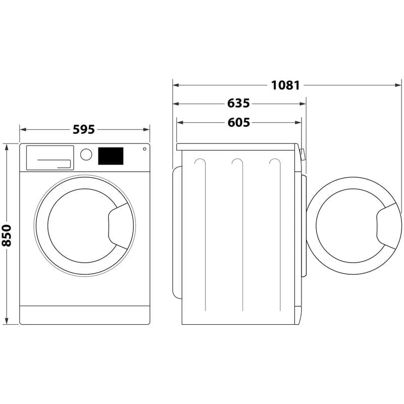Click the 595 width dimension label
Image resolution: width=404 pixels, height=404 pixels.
84,129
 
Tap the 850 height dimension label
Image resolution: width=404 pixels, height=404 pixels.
7,235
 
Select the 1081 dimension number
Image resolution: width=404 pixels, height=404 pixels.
286,85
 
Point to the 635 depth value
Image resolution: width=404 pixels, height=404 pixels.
238,104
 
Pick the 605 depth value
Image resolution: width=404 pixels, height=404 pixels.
238,122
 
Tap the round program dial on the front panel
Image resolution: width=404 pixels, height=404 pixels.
86,155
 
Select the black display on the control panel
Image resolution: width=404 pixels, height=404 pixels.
111,156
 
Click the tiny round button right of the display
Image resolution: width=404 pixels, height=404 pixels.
144,149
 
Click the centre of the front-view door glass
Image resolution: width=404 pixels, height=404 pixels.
81,226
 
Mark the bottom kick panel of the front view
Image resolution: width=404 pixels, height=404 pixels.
85,315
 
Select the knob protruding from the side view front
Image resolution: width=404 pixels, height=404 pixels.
302,154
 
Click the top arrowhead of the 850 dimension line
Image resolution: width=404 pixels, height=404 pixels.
7,147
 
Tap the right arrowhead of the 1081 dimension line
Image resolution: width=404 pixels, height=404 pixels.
399,85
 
